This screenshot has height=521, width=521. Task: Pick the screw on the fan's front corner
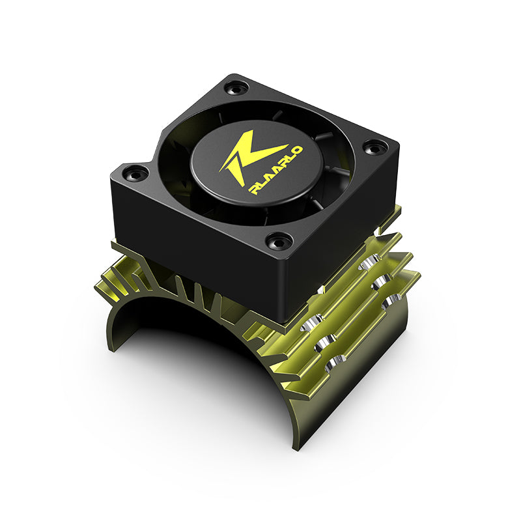(x=277, y=241)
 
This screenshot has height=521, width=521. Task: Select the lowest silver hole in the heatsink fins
(x=336, y=361)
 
